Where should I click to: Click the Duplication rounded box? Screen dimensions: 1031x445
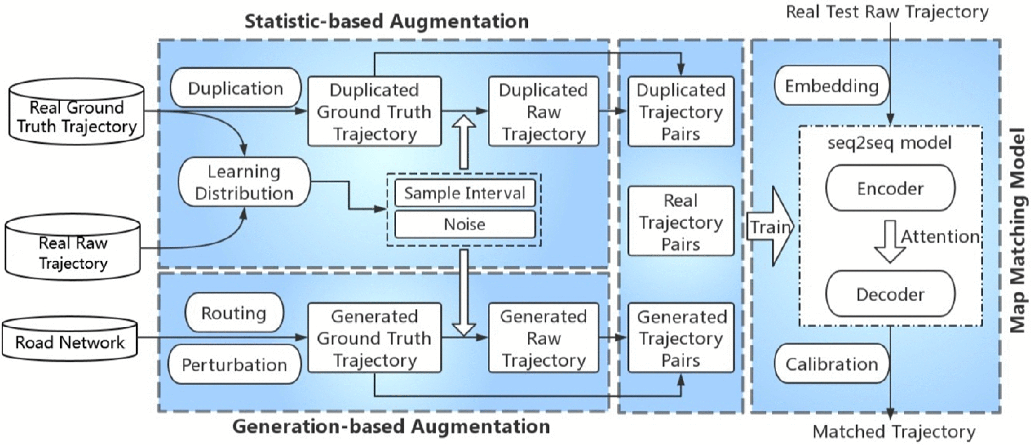point(236,88)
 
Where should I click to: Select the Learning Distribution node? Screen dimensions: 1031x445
point(244,182)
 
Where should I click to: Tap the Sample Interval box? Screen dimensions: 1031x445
point(465,193)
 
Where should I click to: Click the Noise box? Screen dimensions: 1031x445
point(465,224)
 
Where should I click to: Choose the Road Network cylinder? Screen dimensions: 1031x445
point(70,338)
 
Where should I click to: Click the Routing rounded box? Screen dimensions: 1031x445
point(234,313)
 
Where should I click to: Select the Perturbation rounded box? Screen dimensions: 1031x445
point(235,365)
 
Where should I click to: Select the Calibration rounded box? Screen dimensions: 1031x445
point(832,364)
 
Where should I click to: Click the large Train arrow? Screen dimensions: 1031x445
point(770,227)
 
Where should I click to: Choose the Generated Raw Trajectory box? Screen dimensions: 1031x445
point(544,338)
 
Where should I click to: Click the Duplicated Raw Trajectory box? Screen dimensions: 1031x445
point(544,111)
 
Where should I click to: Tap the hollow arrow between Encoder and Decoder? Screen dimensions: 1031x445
point(890,241)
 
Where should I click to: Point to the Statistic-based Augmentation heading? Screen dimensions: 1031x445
point(387,21)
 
